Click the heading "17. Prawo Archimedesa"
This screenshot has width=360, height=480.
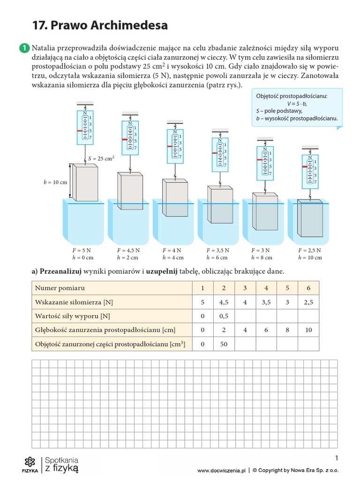[99, 25]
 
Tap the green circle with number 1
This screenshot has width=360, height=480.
[23, 48]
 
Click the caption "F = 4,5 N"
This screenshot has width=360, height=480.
[128, 250]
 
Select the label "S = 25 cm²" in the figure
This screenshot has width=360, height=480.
[101, 158]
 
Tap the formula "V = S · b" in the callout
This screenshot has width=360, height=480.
[297, 103]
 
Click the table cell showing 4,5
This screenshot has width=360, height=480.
[224, 302]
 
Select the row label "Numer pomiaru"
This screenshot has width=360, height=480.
[60, 288]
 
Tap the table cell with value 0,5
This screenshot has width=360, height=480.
[224, 316]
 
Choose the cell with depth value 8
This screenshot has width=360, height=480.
[287, 330]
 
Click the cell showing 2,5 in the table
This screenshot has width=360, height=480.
[308, 302]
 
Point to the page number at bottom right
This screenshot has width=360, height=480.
[337, 458]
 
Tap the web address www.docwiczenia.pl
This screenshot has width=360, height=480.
[221, 470]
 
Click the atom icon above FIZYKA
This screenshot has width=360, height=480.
[30, 461]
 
